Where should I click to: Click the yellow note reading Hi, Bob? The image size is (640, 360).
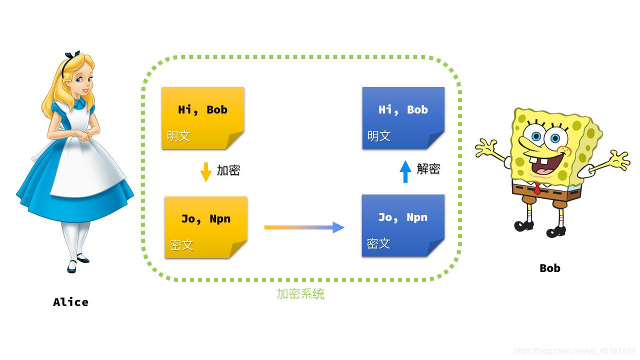click(202, 118)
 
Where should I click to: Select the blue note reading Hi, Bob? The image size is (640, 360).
click(403, 118)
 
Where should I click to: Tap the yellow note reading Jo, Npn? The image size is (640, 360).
click(205, 227)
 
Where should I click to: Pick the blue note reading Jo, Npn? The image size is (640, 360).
click(402, 225)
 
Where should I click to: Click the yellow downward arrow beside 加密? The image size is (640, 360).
click(205, 171)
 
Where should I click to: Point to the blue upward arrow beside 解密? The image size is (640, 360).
click(405, 171)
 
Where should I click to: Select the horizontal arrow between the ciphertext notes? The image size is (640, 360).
click(304, 227)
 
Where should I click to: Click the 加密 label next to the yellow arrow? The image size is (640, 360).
click(228, 170)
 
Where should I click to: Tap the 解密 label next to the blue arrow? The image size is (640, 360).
click(428, 169)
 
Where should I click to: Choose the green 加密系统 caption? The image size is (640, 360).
click(300, 294)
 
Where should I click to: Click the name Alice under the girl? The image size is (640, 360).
click(70, 302)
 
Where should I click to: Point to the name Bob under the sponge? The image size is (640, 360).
click(550, 268)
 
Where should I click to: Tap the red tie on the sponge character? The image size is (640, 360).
click(537, 189)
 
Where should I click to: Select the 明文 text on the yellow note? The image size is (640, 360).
click(178, 136)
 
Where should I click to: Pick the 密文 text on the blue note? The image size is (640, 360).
click(378, 244)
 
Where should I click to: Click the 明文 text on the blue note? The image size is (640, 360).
click(378, 136)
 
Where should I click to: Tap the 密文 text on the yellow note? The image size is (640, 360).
click(181, 245)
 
